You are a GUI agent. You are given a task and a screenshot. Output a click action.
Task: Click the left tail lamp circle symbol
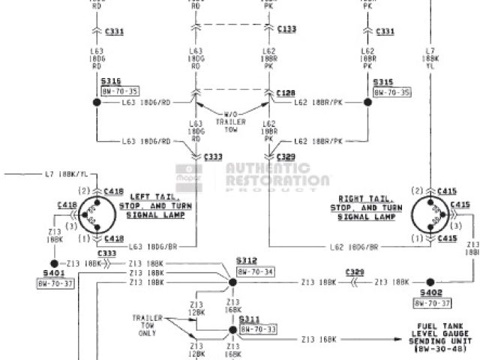[x=94, y=214]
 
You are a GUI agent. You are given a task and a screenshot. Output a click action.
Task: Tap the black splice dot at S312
[x=232, y=282]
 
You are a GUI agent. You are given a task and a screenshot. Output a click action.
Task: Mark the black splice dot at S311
[x=232, y=331]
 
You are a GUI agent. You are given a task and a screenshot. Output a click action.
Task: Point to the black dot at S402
[x=430, y=282]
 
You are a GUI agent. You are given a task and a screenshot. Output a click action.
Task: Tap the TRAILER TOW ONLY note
[x=148, y=324]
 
